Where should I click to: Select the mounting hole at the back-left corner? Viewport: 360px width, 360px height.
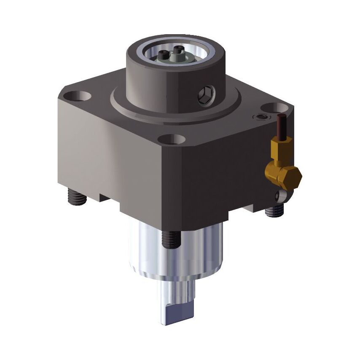pyautogui.click(x=79, y=95)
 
